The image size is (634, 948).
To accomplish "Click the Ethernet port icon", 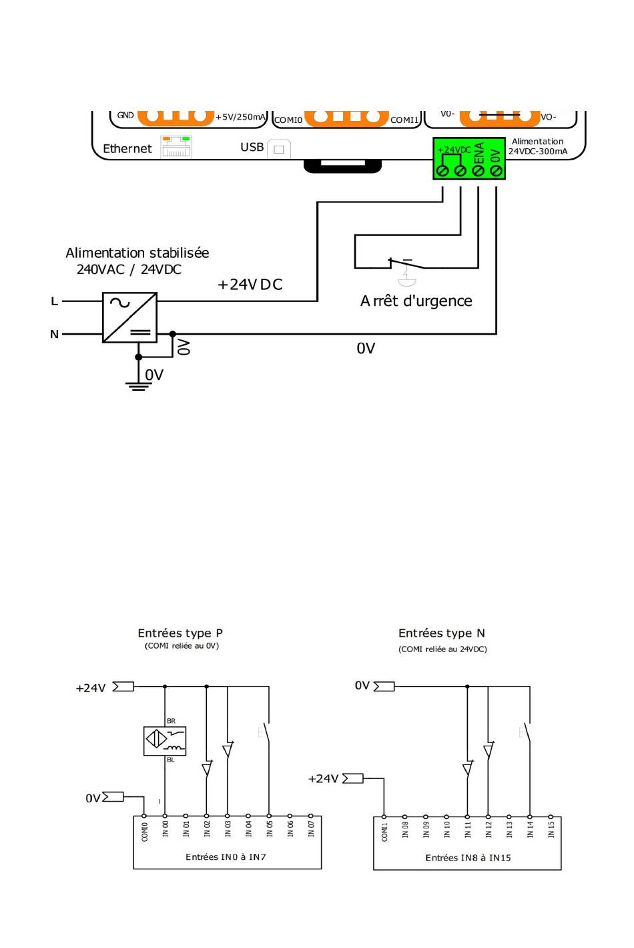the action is click(x=176, y=147).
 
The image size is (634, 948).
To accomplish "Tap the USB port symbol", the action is click(x=279, y=149).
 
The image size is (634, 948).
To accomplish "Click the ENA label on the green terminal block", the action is click(x=479, y=153).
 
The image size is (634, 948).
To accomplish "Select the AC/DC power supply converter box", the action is click(x=129, y=317).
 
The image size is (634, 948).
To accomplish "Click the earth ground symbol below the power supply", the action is click(x=138, y=386).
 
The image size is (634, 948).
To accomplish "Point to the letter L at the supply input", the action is click(x=54, y=301).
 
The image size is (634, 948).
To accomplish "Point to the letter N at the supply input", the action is click(x=54, y=334).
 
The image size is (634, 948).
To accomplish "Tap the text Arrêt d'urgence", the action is click(x=416, y=301).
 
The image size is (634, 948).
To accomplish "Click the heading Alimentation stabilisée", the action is click(x=137, y=253).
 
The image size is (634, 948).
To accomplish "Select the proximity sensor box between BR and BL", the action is click(x=165, y=741).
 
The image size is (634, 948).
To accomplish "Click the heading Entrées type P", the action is click(x=180, y=633).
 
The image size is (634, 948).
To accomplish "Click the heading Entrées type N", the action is click(x=442, y=633).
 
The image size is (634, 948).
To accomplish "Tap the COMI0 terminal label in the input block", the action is click(x=145, y=832).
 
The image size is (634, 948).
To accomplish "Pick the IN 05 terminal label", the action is click(x=269, y=829).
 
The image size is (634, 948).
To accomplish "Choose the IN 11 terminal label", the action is click(x=467, y=830).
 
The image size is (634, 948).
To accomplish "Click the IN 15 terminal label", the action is click(x=551, y=830).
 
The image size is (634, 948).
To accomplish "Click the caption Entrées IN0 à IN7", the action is click(x=226, y=857).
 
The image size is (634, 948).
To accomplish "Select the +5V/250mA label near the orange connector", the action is click(x=240, y=117).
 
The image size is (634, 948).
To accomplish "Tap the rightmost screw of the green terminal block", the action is click(x=497, y=170).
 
